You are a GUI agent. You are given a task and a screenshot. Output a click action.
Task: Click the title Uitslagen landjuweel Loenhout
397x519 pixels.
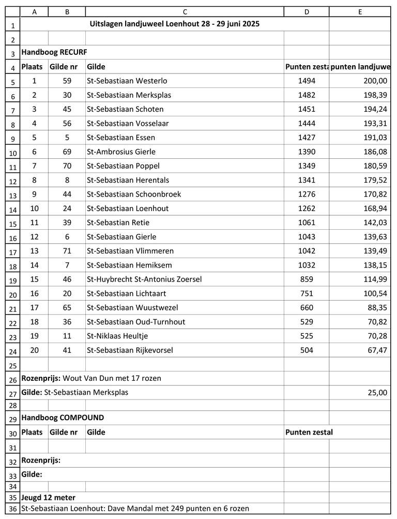pos(174,24)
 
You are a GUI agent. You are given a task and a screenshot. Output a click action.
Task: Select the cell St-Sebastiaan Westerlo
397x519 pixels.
pos(127,81)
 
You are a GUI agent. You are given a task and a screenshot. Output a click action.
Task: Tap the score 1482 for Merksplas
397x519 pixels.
pos(306,95)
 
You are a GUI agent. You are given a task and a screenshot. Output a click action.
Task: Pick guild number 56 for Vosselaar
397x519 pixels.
pos(67,124)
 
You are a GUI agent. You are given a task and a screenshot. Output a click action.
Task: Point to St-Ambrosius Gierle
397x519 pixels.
pos(121,152)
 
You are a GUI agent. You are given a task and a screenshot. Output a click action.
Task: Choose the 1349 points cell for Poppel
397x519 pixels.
pos(306,166)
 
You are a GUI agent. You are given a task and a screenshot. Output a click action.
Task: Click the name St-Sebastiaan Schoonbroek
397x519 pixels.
pos(134,194)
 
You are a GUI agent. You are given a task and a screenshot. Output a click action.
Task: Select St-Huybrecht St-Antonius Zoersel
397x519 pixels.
pos(144,279)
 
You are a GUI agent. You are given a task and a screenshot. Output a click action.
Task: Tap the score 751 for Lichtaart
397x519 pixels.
pos(306,293)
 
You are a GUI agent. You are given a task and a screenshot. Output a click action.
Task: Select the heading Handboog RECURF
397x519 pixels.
pos(54,52)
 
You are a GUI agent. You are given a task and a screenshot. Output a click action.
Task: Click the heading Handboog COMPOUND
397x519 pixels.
pos(62,418)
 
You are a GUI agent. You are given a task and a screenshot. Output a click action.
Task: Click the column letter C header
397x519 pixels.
pos(185,11)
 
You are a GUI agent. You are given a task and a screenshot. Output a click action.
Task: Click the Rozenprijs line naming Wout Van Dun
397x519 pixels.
pos(91,378)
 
